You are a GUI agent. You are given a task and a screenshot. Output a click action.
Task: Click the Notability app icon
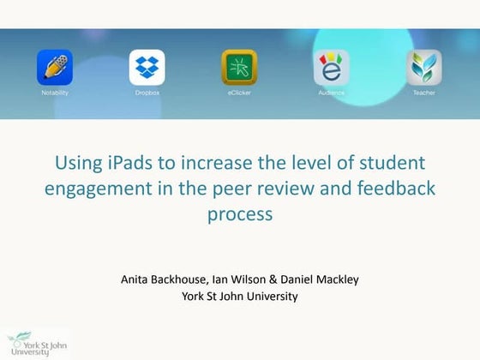pyautogui.click(x=55, y=68)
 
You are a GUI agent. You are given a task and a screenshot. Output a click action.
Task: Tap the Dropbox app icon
pyautogui.click(x=147, y=68)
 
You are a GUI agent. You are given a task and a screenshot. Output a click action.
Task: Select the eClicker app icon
pyautogui.click(x=239, y=68)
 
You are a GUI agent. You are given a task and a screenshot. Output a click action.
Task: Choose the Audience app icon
pyautogui.click(x=332, y=68)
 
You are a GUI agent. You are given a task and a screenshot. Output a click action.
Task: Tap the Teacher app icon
pyautogui.click(x=424, y=68)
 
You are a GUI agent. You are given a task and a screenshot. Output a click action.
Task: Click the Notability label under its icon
pyautogui.click(x=55, y=93)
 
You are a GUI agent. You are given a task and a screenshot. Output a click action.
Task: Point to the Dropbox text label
pyautogui.click(x=147, y=93)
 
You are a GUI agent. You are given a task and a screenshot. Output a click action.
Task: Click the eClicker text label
pyautogui.click(x=239, y=93)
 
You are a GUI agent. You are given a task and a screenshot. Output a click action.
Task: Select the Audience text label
pyautogui.click(x=332, y=93)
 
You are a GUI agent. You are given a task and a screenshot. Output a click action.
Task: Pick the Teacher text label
pyautogui.click(x=424, y=93)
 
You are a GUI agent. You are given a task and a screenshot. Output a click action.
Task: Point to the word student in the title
pyautogui.click(x=394, y=163)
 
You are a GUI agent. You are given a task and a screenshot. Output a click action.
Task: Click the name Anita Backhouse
pyautogui.click(x=165, y=279)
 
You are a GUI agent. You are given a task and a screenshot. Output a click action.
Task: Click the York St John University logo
pyautogui.click(x=34, y=343)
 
